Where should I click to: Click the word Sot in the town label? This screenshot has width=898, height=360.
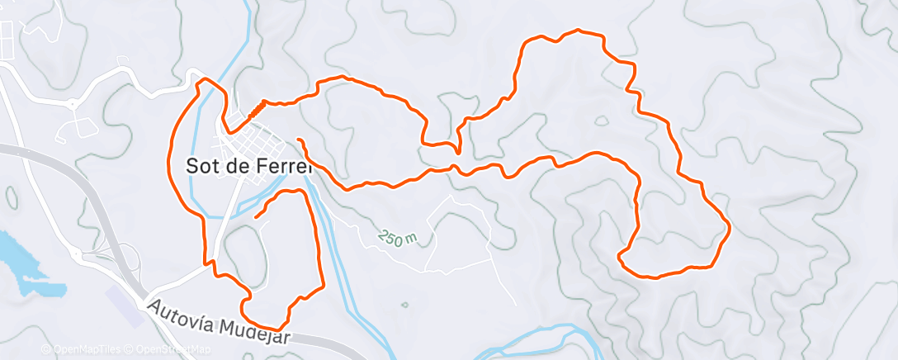201,165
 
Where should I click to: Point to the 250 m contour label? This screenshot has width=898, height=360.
399,237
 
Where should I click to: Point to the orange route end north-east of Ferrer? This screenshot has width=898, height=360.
298,140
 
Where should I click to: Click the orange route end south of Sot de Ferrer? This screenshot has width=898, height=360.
257,216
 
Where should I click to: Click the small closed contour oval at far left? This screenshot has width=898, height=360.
12,198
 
